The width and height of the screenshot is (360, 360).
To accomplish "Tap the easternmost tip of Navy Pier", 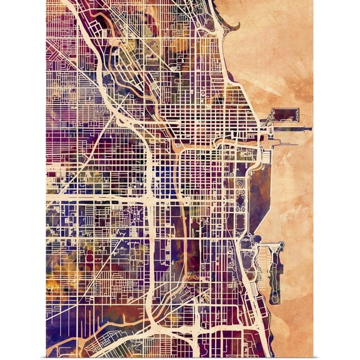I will click(x=310, y=129).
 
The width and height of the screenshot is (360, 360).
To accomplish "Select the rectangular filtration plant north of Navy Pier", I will click(x=284, y=114).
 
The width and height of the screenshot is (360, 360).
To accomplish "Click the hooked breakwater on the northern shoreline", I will click(x=232, y=26).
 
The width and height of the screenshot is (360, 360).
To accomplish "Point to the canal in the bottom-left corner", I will click(x=69, y=341).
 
